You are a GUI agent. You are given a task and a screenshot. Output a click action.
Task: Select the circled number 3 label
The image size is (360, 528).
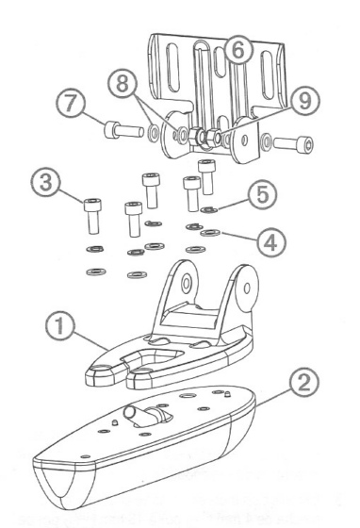(46, 183)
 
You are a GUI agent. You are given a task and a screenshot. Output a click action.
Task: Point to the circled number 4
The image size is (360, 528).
(271, 242)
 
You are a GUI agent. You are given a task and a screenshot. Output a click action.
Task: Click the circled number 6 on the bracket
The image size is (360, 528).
(238, 50)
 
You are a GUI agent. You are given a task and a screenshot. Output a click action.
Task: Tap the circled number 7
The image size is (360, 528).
(70, 103)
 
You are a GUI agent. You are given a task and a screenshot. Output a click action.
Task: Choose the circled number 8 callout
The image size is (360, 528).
(123, 83)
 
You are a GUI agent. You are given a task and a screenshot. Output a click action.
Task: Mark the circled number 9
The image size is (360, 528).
(304, 101)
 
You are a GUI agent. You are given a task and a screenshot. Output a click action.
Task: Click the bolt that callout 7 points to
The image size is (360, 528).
(123, 130)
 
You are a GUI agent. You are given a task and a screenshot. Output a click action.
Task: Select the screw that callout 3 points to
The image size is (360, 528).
(93, 216)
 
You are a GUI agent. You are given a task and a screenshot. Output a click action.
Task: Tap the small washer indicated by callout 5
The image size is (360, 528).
(209, 209)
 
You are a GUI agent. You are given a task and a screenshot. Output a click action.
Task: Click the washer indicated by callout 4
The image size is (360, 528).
(210, 232)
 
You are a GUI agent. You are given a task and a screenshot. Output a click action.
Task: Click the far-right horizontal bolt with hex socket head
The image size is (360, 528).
(293, 142)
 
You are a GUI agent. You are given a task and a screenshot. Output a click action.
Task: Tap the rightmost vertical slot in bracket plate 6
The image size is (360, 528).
(269, 75)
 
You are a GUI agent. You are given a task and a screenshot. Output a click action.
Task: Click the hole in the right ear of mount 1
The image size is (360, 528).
(247, 288)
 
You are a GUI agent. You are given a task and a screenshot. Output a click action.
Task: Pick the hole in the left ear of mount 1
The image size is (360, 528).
(187, 284)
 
